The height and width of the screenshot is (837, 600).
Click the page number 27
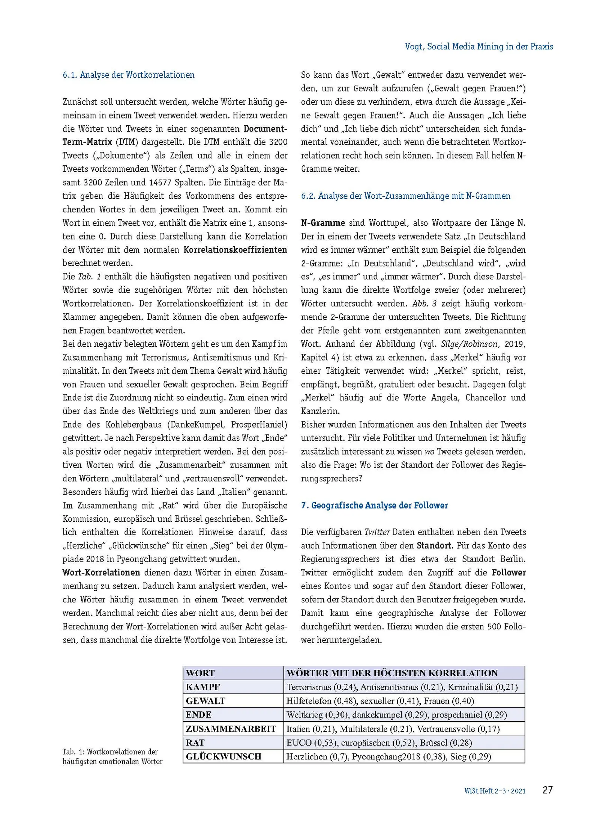click(547, 790)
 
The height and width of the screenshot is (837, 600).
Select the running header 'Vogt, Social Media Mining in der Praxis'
click(478, 46)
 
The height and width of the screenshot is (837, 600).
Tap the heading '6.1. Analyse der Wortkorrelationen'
click(128, 75)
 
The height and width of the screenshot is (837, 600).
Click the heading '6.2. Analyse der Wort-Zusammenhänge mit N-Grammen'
click(405, 196)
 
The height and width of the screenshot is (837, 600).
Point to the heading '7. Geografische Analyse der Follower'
click(374, 505)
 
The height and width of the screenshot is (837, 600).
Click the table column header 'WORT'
click(200, 673)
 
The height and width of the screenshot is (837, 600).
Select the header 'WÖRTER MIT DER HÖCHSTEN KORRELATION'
click(392, 673)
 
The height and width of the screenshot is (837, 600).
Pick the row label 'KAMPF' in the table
click(203, 687)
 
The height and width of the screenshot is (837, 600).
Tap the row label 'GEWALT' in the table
click(205, 701)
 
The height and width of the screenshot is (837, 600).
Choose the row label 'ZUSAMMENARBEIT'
click(231, 729)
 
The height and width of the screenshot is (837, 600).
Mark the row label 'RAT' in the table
click(195, 743)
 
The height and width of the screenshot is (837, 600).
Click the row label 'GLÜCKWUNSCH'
click(223, 756)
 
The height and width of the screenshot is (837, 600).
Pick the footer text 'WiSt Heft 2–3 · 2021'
click(495, 791)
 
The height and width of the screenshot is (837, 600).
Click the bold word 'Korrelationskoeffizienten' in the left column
click(235, 250)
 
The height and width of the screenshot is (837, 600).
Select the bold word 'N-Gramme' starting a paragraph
click(323, 223)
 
